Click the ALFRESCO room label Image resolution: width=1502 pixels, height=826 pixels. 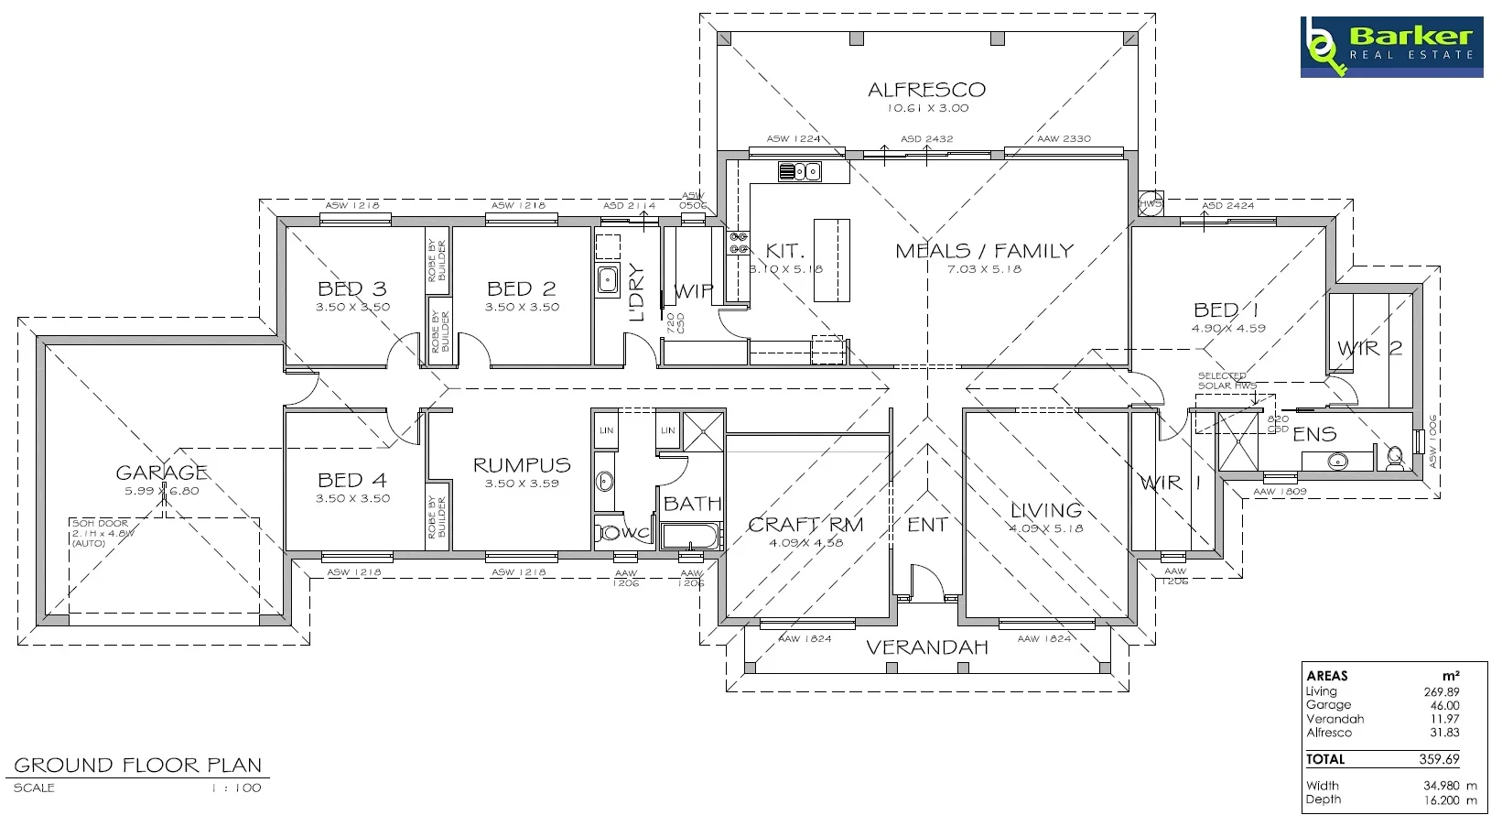(x=926, y=90)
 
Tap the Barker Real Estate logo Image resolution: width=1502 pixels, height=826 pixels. (x=1390, y=47)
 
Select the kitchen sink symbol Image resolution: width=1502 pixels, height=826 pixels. (x=799, y=171)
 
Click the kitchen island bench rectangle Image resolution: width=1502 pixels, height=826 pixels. (x=831, y=260)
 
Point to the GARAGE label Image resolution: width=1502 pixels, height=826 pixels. (x=161, y=473)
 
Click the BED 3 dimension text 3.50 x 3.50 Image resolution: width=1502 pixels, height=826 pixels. (x=352, y=308)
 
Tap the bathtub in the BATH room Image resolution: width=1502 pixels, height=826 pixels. (x=690, y=536)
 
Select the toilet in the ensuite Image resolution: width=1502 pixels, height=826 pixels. (x=1395, y=455)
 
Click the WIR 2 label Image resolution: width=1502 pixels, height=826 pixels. (x=1369, y=348)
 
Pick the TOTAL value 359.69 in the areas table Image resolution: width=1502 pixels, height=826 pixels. (x=1439, y=759)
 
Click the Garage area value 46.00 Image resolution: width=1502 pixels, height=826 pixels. (x=1444, y=705)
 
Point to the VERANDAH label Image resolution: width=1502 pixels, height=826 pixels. (x=926, y=647)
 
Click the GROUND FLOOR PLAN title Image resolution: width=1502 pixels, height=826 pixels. (x=137, y=765)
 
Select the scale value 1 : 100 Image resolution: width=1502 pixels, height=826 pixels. (x=236, y=788)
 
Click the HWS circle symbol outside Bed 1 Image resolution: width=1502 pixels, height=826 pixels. (x=1150, y=203)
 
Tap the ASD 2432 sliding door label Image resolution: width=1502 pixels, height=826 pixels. (x=926, y=139)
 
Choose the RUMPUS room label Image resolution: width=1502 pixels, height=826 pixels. (x=521, y=465)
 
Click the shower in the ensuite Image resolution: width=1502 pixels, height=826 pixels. (x=1237, y=441)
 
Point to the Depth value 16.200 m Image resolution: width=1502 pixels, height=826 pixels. (x=1450, y=799)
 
